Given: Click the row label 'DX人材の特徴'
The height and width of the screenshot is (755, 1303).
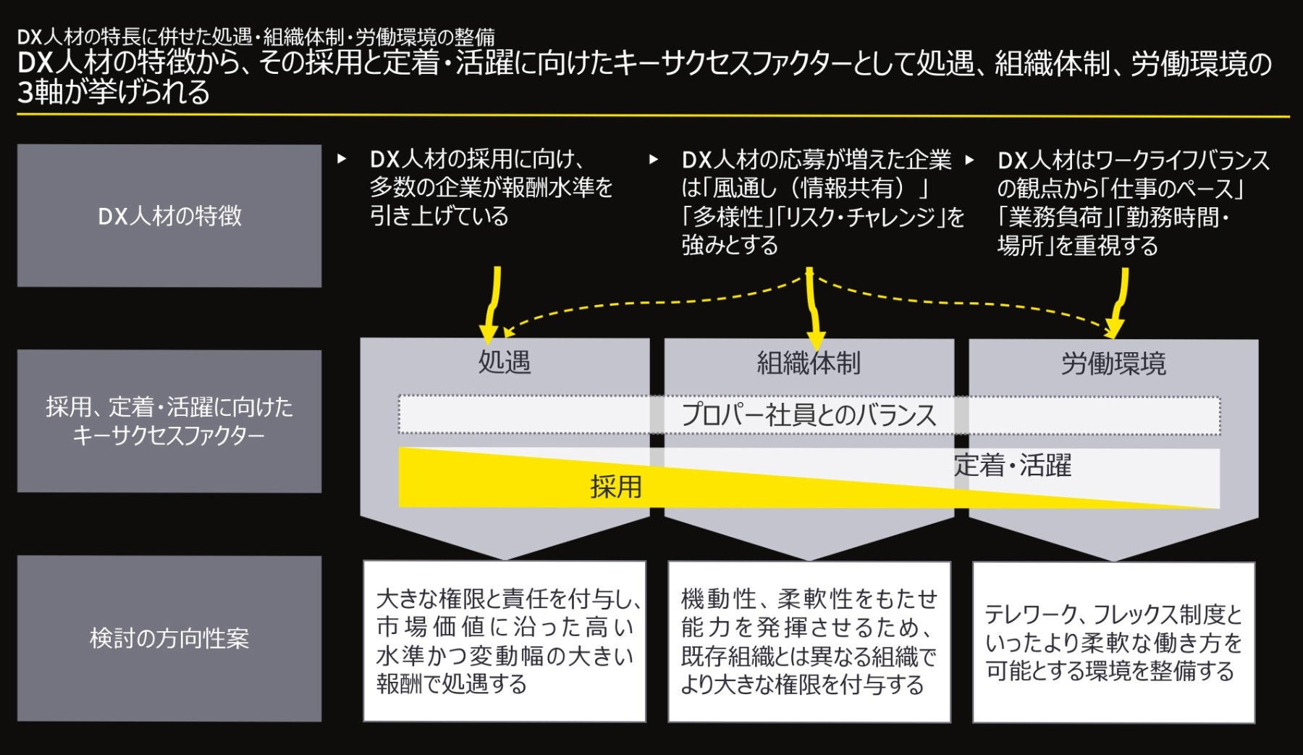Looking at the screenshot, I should pos(169,216).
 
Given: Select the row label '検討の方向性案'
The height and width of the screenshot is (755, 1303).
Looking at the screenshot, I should pos(169,638).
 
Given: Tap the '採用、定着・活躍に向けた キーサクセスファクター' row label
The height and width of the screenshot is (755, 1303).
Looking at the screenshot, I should pos(169,421).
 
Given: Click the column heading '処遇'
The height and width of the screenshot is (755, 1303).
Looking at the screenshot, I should pos(505,362).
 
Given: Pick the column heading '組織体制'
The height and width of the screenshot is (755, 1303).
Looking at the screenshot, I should pos(809,362).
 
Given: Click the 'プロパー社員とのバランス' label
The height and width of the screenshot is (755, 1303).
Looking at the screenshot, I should pos(809,415).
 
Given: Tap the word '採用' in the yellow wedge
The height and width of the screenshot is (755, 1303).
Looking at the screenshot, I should pos(616,487).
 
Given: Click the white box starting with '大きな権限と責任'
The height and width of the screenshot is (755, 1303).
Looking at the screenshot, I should pos(505,641).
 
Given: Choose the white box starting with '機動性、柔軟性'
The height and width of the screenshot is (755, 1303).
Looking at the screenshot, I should pos(809,641).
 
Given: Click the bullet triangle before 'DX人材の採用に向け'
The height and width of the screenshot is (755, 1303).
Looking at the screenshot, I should pos(342,159).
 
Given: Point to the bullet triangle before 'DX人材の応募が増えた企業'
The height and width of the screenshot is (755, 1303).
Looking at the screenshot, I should pos(654,159).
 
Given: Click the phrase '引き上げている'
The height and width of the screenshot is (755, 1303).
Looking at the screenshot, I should pos(439,216).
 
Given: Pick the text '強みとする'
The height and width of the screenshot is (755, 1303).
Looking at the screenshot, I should pos(730,245).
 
